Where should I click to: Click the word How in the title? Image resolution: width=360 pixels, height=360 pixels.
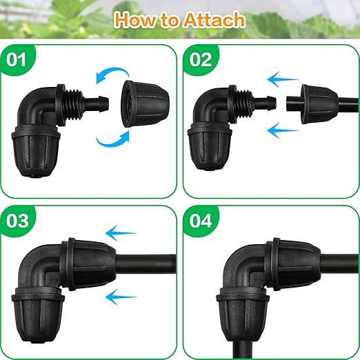point(139,19)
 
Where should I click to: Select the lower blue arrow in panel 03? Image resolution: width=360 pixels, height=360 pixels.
point(123,297)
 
